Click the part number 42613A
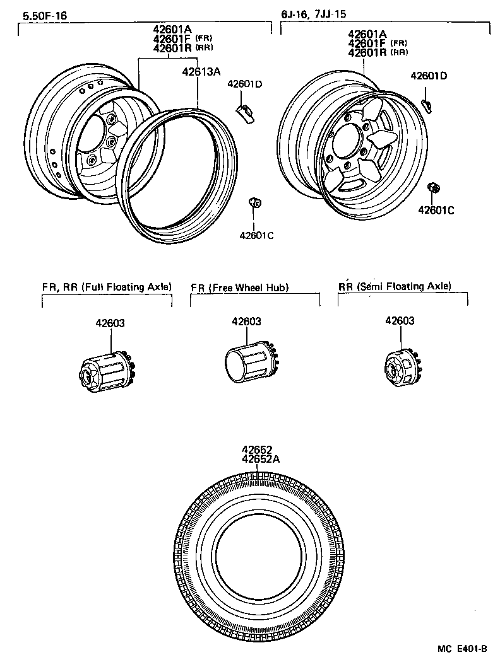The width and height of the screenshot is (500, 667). (201, 72)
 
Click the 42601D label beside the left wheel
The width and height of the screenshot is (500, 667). (245, 84)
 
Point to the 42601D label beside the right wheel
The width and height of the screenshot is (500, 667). (429, 76)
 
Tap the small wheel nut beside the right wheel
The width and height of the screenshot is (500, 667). (433, 188)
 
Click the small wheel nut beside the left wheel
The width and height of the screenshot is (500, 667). (254, 202)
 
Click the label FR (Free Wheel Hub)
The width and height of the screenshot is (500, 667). (240, 287)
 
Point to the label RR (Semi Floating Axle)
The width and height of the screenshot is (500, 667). (395, 286)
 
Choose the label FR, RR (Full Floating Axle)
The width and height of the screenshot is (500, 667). (107, 287)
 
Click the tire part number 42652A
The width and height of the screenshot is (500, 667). (260, 459)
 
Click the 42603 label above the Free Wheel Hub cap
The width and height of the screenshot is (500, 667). (246, 322)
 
